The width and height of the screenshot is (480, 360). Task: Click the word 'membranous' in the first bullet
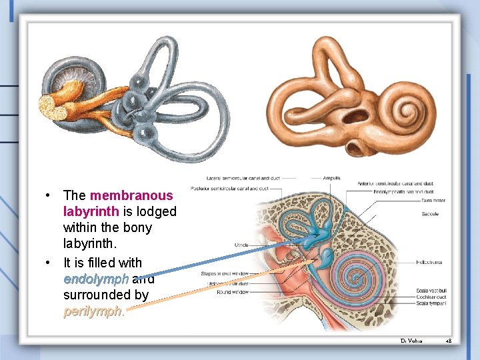[131, 195]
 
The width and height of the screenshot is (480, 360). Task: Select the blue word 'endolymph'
[95, 279]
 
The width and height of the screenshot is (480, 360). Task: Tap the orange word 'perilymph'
[93, 311]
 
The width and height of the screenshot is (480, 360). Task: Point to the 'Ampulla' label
[331, 178]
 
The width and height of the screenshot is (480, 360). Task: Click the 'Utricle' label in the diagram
[241, 245]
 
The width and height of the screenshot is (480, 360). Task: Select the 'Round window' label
[233, 292]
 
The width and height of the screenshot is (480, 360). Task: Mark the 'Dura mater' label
[434, 200]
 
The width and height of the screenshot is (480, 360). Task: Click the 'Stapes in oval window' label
[225, 274]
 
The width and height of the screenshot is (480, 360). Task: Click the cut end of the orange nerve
[49, 105]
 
